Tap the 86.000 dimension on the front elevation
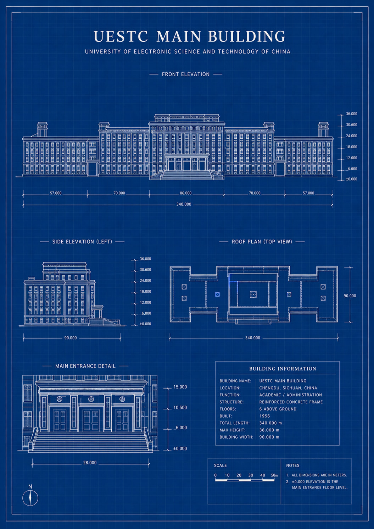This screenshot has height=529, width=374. pos(186,193)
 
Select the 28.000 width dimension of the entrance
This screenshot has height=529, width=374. pos(90,463)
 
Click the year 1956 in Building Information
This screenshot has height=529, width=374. pos(264,416)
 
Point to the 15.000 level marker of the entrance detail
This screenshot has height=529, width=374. pos(180,387)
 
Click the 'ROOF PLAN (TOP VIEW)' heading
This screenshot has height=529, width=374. pos(262,242)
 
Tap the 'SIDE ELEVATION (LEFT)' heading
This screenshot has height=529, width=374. pos(82,242)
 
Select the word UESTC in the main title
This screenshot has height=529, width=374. pos(121,36)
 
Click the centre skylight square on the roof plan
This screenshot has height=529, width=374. pos(253,294)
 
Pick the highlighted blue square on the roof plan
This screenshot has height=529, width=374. pos(217,294)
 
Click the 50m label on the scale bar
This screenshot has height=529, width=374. pos(274,475)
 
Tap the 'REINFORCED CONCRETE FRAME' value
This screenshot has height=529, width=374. pos(291,402)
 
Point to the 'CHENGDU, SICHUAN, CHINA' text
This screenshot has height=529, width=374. pos(288,388)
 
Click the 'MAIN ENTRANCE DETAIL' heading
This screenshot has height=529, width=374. pos(85,366)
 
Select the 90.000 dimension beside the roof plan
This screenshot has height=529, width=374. pos(350,296)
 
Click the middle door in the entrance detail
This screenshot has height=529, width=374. pos(91,420)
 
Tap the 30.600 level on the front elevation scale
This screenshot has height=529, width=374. pos(352,125)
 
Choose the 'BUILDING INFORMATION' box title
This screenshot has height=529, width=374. pos(283,369)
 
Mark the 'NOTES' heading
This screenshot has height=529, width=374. pos(292,465)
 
